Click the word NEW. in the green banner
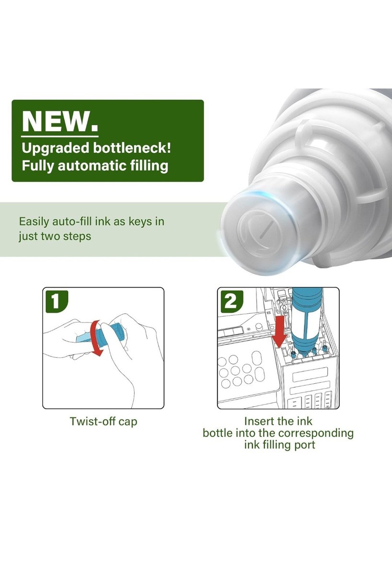tap(60, 121)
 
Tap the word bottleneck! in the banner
tap(132, 148)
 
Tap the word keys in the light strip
tap(139, 221)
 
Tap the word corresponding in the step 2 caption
tap(315, 433)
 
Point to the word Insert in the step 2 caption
tap(257, 421)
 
